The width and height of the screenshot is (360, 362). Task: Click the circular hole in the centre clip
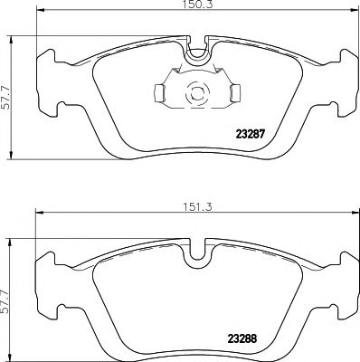click(x=195, y=91)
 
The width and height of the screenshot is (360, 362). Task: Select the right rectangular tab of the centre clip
click(x=234, y=92)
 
